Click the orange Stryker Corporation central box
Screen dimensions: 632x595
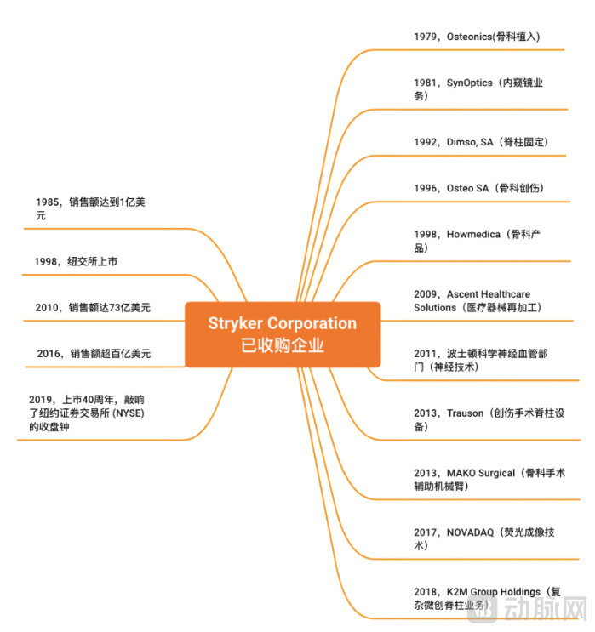coord(283,334)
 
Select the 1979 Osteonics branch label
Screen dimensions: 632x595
coord(477,37)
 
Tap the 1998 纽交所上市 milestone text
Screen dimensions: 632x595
coord(76,261)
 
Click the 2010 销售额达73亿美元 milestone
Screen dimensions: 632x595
coord(93,307)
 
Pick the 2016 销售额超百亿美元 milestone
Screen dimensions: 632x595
coord(94,353)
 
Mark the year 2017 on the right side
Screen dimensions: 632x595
coord(426,532)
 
